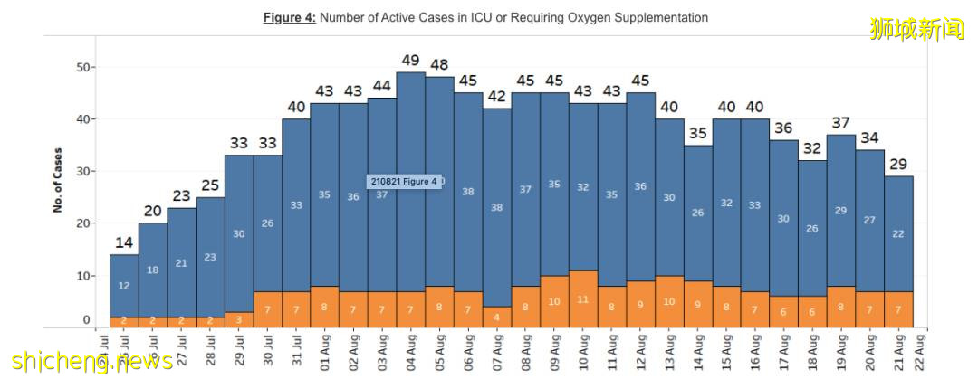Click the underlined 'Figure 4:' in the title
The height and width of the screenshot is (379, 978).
pos(290,17)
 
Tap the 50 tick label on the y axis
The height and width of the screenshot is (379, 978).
pos(83,67)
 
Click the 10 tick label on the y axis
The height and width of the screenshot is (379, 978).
pos(83,275)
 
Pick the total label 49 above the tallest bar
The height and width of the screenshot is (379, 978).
pos(411,61)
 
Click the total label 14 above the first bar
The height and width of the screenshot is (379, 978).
pos(124,242)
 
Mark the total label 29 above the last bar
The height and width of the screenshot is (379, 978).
pos(898,165)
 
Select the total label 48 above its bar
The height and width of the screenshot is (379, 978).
pos(440,65)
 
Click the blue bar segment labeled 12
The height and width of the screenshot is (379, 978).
pos(124,285)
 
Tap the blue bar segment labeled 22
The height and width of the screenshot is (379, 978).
pos(898,233)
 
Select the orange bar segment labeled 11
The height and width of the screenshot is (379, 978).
pos(583,298)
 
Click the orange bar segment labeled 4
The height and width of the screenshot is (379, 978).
pos(497,317)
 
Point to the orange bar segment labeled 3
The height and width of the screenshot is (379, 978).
pos(239,319)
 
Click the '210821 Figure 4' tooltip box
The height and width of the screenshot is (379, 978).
pos(405,181)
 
